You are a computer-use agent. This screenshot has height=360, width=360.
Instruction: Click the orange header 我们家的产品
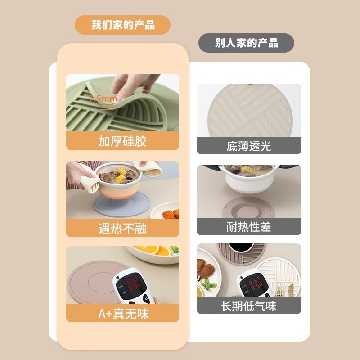click(x=122, y=25)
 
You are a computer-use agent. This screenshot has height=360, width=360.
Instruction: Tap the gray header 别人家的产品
click(x=246, y=43)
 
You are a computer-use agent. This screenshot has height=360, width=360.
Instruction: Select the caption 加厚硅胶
click(x=122, y=141)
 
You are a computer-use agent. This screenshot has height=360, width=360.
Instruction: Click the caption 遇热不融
click(x=122, y=228)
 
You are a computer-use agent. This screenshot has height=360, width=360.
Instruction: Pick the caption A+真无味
click(x=122, y=313)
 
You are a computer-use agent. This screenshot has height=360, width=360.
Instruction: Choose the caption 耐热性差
click(x=249, y=227)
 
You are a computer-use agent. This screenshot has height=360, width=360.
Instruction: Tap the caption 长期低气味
click(x=249, y=306)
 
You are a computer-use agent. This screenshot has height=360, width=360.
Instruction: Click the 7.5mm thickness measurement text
click(x=103, y=99)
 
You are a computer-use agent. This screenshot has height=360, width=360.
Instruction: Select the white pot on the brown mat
click(x=248, y=178)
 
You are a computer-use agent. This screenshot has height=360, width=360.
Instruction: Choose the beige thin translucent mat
click(x=249, y=110)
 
